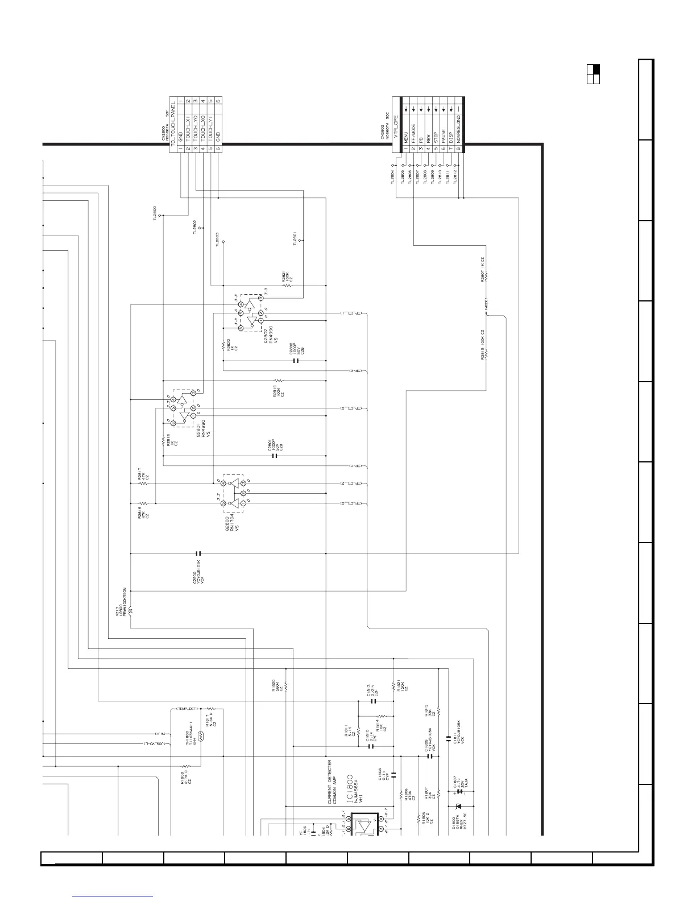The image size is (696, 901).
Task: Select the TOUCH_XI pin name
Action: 188,126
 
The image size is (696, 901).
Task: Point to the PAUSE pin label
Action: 443,125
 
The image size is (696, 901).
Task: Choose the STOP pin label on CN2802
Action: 436,126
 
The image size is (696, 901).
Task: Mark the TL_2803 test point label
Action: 217,239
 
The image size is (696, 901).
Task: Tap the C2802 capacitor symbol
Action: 295,361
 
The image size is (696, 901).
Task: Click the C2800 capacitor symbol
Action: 198,553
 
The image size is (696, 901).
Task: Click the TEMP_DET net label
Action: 186,708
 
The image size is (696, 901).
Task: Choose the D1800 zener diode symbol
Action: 459,806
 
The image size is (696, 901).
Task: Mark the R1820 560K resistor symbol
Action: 285,687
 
